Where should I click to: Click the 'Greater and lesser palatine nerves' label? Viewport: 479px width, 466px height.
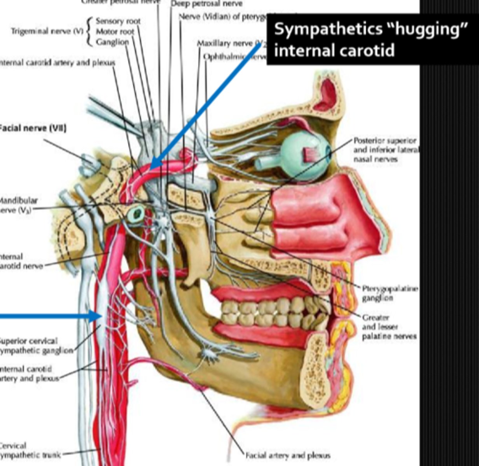pyautogui.click(x=389, y=327)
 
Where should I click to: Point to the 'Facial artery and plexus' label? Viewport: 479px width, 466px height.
pyautogui.click(x=288, y=455)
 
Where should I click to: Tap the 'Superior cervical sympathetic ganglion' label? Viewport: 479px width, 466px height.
pyautogui.click(x=35, y=346)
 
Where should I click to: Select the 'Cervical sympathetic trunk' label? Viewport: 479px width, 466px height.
pyautogui.click(x=29, y=450)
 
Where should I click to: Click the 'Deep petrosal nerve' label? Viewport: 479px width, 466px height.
pyautogui.click(x=206, y=4)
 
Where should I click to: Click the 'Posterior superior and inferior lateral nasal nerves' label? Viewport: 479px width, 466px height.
pyautogui.click(x=385, y=150)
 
